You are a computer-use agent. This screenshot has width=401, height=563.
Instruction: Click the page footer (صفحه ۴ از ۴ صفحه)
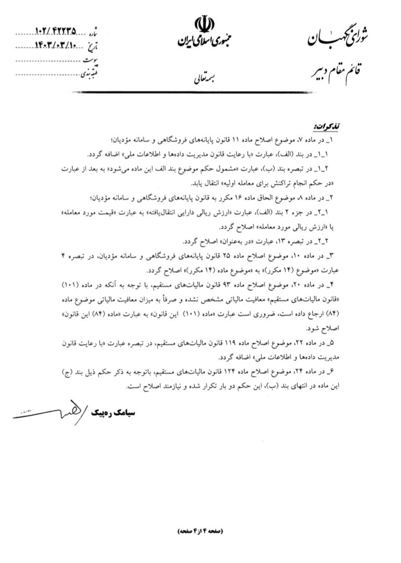click(200, 531)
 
